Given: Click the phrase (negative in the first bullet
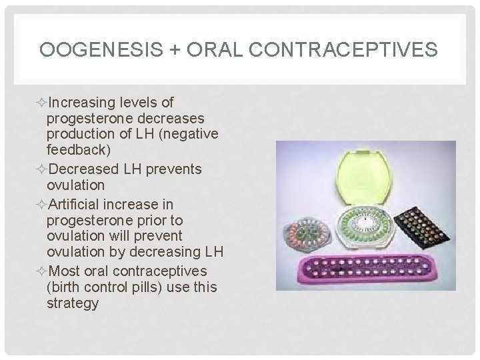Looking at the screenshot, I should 191,135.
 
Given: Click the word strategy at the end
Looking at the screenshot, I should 73,304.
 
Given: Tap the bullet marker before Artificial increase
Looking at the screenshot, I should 43,204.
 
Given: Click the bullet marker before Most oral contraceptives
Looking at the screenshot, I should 43,271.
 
